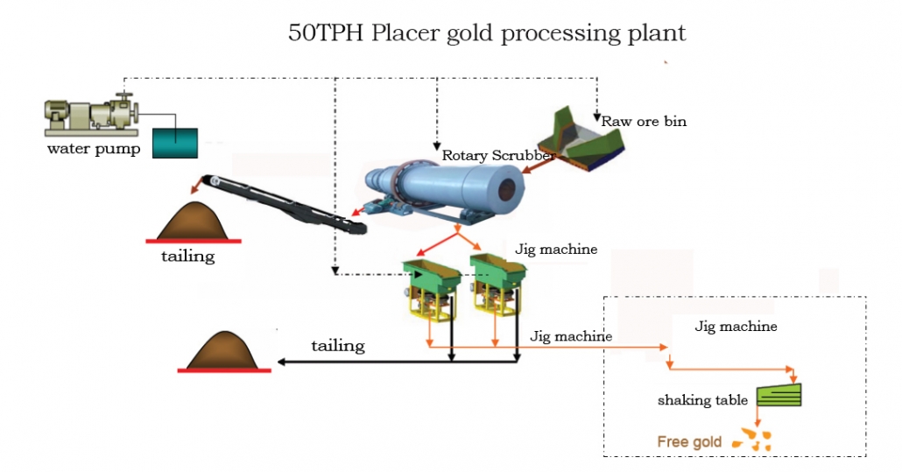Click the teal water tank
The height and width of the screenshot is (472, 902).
point(175,142)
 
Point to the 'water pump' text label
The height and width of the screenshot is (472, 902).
point(93,148)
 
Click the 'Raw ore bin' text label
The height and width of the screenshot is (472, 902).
point(644,122)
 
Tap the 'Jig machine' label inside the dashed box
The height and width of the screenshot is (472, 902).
point(735,327)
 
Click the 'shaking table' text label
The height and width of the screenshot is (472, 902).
point(702,400)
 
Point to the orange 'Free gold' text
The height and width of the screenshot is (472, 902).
point(689,441)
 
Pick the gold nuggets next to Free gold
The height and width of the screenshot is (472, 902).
point(751,440)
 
